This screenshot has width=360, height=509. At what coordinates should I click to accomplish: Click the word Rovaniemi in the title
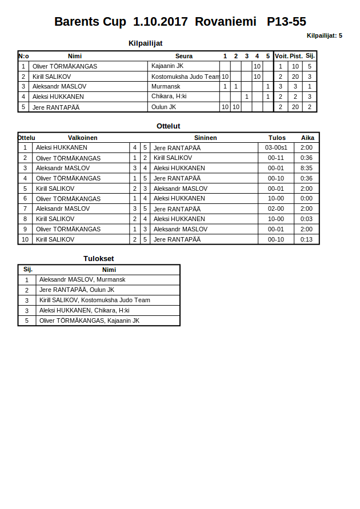[225, 22]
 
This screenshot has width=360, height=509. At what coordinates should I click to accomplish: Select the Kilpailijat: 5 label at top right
[324, 35]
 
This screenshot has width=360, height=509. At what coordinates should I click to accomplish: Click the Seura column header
[184, 56]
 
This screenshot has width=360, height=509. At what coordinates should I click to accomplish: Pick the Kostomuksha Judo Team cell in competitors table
[185, 77]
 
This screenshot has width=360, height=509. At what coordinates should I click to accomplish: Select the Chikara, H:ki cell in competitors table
[169, 97]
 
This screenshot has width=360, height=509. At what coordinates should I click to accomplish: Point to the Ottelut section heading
[168, 126]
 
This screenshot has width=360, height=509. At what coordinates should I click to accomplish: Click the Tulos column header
[277, 138]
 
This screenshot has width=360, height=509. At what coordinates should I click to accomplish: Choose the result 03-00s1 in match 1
[276, 147]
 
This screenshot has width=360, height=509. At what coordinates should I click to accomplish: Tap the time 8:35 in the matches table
[306, 168]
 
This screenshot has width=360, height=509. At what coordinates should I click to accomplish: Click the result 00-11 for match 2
[276, 158]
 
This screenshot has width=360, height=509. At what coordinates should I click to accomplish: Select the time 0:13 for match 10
[306, 239]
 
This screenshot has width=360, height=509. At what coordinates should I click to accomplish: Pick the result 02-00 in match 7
[276, 209]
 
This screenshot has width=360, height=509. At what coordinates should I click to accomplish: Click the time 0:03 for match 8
[306, 219]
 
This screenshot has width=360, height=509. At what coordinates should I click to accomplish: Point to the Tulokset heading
[98, 258]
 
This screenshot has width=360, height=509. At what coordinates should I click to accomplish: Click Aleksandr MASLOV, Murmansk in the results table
[82, 279]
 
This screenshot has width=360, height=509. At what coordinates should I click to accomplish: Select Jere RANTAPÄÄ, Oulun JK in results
[77, 290]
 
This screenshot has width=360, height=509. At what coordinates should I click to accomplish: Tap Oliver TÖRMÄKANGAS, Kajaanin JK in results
[89, 320]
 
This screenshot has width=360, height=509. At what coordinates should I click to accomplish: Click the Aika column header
[307, 138]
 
